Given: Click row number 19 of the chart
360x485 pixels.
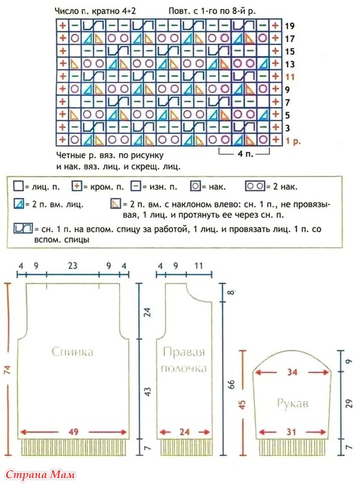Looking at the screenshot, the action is [x=289, y=26].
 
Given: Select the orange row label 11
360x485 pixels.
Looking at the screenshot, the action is [x=289, y=77].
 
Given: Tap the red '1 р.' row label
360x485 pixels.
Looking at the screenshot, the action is [x=293, y=141].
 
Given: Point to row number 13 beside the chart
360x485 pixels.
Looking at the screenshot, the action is [x=289, y=64].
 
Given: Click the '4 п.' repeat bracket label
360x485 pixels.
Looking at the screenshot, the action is [x=245, y=153].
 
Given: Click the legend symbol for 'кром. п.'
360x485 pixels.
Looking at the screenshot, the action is [x=77, y=186].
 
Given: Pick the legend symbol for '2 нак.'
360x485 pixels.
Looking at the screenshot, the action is [x=255, y=186].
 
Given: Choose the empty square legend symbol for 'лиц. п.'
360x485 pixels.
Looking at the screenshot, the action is [x=18, y=186].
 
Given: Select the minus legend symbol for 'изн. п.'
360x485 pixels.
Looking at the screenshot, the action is [x=136, y=186].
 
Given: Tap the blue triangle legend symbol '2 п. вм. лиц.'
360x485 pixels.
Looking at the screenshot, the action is [x=19, y=204].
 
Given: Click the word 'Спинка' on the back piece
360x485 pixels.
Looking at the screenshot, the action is [x=72, y=352].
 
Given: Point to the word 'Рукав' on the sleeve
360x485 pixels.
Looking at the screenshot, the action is [x=292, y=403].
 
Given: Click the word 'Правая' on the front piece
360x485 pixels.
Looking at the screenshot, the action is [x=184, y=352].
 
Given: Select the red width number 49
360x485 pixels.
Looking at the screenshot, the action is [x=73, y=432].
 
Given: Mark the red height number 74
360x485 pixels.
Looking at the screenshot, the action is [x=8, y=370].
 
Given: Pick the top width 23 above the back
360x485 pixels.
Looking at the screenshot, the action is [x=72, y=265].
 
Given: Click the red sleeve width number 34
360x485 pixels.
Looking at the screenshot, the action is [x=291, y=372].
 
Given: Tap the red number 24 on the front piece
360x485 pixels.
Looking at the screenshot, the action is [x=184, y=432].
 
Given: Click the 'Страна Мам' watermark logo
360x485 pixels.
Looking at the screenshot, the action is [x=40, y=474].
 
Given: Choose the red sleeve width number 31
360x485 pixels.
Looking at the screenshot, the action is [x=291, y=432].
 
